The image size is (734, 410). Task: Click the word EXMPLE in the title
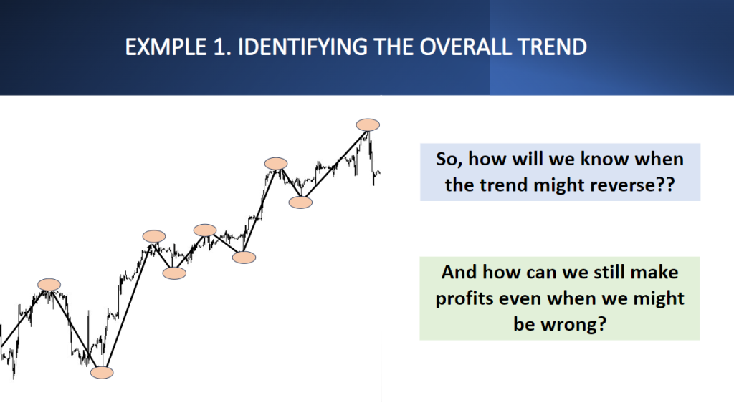click(x=166, y=47)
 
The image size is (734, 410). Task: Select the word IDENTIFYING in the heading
click(x=302, y=47)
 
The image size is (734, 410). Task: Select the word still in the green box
click(x=609, y=272)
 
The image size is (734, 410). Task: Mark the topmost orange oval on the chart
click(x=368, y=125)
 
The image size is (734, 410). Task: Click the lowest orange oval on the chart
click(x=102, y=373)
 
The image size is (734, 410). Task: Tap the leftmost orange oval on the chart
click(x=49, y=285)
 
